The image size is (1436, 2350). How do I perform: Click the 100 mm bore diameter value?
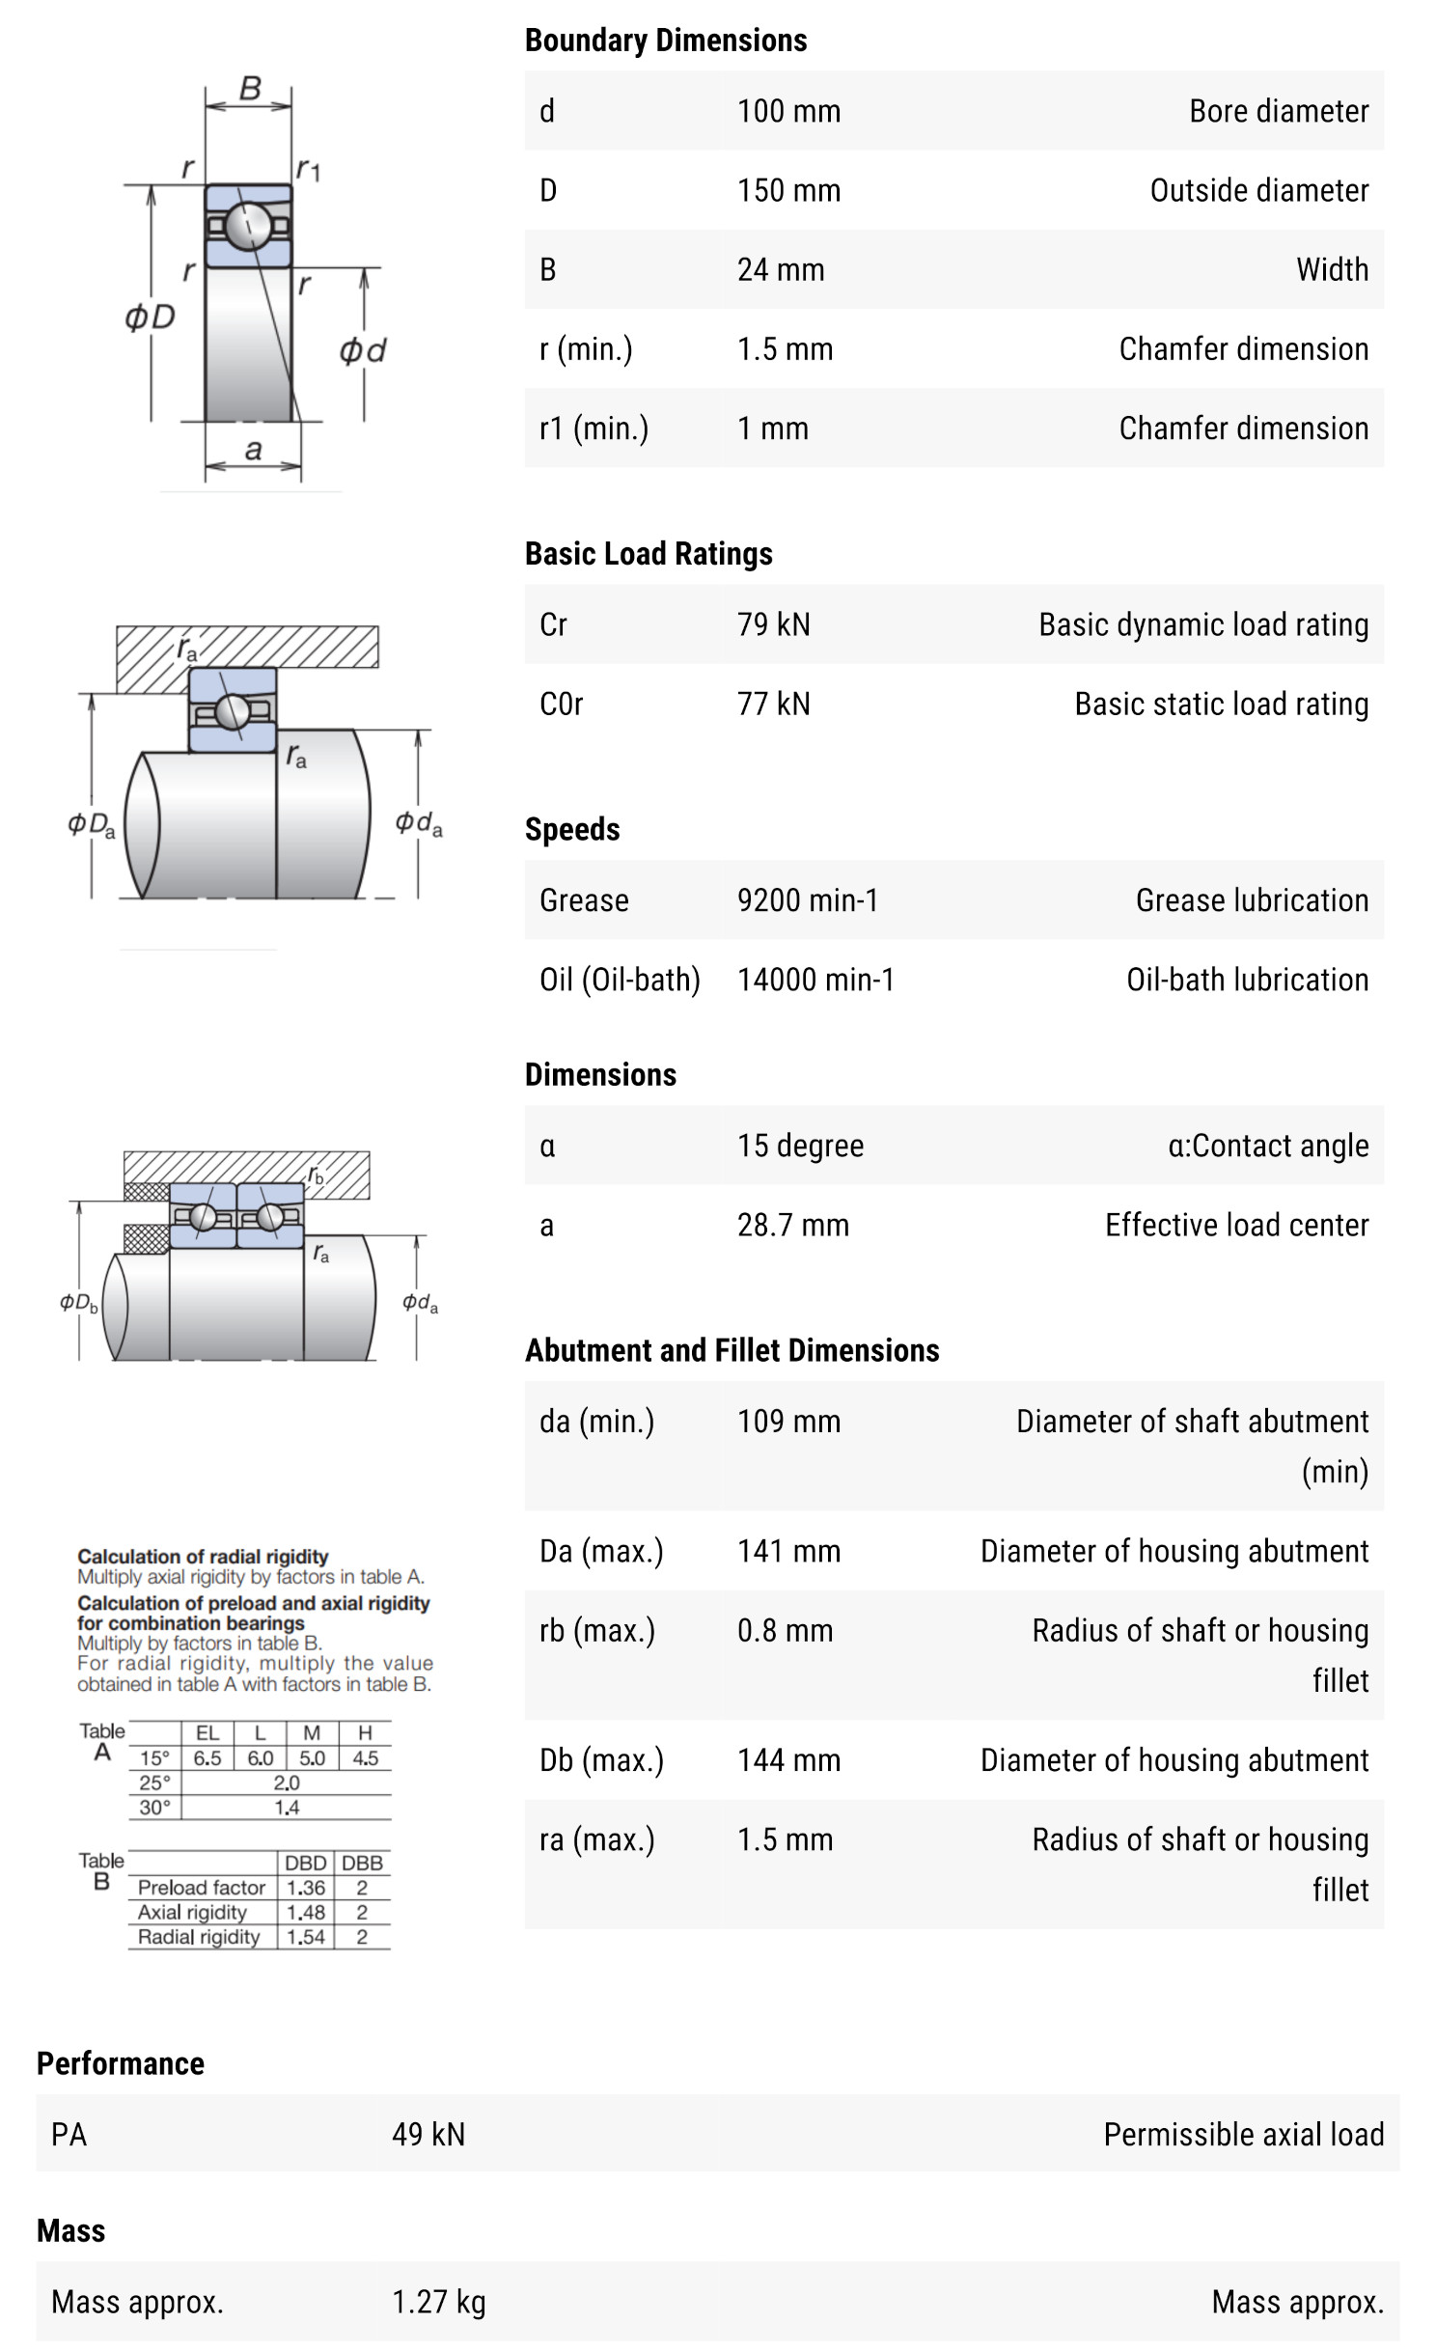[x=788, y=111]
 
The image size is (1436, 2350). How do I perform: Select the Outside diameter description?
[x=1258, y=190]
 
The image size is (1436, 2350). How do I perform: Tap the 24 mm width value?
[x=781, y=269]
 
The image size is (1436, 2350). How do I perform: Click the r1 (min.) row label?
[x=594, y=428]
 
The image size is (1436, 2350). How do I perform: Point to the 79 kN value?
[x=773, y=624]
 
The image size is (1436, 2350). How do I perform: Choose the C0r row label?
[x=561, y=704]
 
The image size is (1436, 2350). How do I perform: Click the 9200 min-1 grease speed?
[x=808, y=899]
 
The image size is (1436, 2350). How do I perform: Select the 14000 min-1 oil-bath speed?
[x=815, y=980]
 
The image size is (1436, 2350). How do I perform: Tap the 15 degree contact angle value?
[x=800, y=1146]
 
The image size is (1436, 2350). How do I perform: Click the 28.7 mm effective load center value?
[x=792, y=1225]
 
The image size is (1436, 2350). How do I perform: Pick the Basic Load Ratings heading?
[x=649, y=554]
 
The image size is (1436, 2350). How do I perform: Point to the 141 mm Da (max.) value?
[x=788, y=1551]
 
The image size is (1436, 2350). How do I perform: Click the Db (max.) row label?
[x=601, y=1759]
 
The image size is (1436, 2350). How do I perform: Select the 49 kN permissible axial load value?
[x=428, y=2134]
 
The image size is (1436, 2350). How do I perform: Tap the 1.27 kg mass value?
[x=438, y=2302]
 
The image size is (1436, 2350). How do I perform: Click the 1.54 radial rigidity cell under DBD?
[x=305, y=1937]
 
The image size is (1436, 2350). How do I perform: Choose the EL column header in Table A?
[x=207, y=1733]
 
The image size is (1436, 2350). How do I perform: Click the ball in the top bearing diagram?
[x=248, y=226]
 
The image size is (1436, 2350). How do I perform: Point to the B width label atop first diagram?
[x=250, y=88]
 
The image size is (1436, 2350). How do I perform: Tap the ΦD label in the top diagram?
[x=150, y=317]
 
